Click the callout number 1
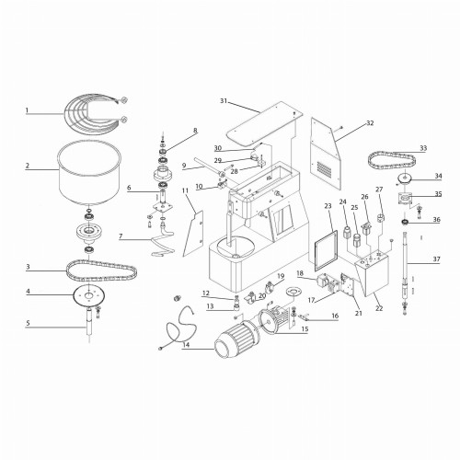[x=28, y=111]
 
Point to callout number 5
[x=28, y=323]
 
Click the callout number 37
[x=437, y=260]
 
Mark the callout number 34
[x=437, y=177]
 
